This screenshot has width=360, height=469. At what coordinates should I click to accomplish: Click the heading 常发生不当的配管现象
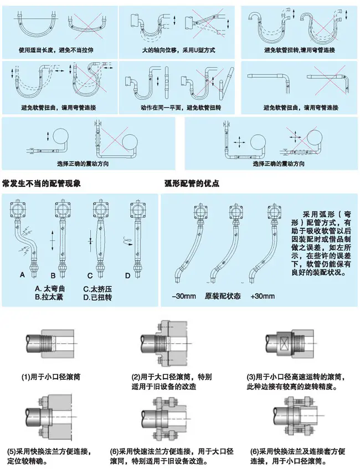[x=42, y=183]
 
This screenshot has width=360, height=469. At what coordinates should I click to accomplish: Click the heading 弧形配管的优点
[x=192, y=183]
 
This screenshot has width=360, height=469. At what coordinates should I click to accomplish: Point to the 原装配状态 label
[x=223, y=296]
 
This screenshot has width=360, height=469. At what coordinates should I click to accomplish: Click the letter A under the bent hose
[x=22, y=274]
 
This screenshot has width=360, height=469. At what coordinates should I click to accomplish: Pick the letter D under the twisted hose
[x=127, y=274]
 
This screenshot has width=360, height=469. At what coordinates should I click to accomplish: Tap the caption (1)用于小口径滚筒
[x=52, y=377]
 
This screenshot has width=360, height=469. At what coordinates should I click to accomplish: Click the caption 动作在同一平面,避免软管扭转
[x=178, y=108]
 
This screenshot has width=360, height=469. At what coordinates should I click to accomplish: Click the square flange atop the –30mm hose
[x=200, y=212]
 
